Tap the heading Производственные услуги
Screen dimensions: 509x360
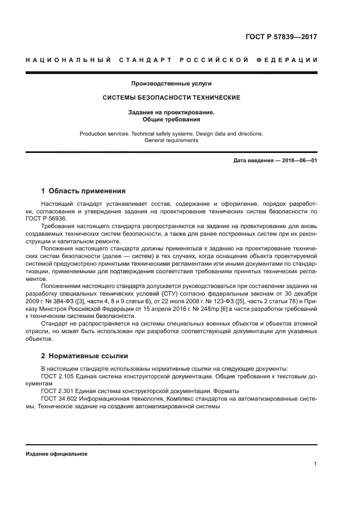point(171,83)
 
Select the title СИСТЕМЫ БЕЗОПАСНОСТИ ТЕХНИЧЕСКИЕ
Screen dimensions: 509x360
point(172,98)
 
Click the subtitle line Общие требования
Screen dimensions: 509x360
point(172,119)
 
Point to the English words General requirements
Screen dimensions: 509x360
point(172,140)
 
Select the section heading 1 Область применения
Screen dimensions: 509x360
point(83,191)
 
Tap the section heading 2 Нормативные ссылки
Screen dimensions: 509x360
point(84,356)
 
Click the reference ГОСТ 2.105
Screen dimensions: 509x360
point(56,376)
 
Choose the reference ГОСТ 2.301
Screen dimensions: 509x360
point(56,391)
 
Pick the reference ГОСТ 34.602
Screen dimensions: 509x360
point(57,398)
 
